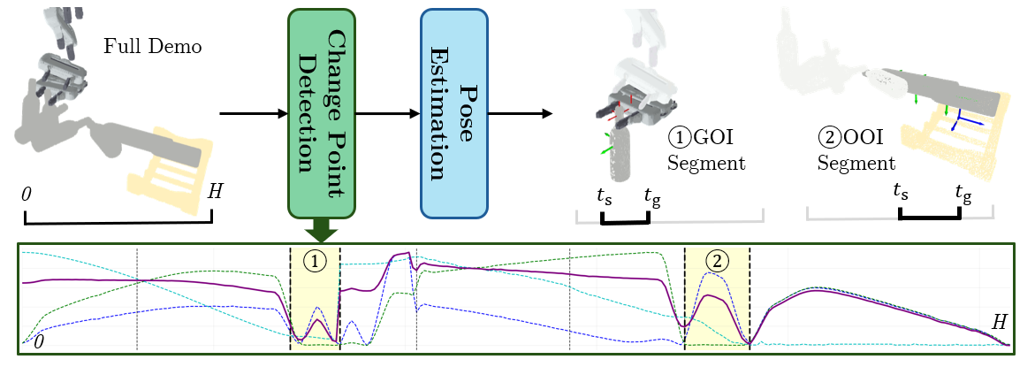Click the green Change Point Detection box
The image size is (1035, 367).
pyautogui.click(x=322, y=113)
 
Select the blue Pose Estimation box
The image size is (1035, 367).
pyautogui.click(x=454, y=113)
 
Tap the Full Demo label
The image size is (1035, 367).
pyautogui.click(x=153, y=47)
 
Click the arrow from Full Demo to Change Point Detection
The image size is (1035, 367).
pyautogui.click(x=253, y=114)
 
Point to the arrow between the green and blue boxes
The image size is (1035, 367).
pyautogui.click(x=388, y=114)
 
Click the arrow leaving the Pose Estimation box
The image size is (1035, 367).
pyautogui.click(x=520, y=114)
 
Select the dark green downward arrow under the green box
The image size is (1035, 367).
pyautogui.click(x=322, y=230)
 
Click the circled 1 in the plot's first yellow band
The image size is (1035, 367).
pyautogui.click(x=316, y=262)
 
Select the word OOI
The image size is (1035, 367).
pyautogui.click(x=861, y=138)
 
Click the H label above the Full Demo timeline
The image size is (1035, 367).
pyautogui.click(x=215, y=192)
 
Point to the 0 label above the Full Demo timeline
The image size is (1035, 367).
pyautogui.click(x=27, y=194)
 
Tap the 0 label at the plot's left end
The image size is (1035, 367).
pyautogui.click(x=40, y=342)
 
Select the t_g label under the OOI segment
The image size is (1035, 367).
pyautogui.click(x=963, y=192)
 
